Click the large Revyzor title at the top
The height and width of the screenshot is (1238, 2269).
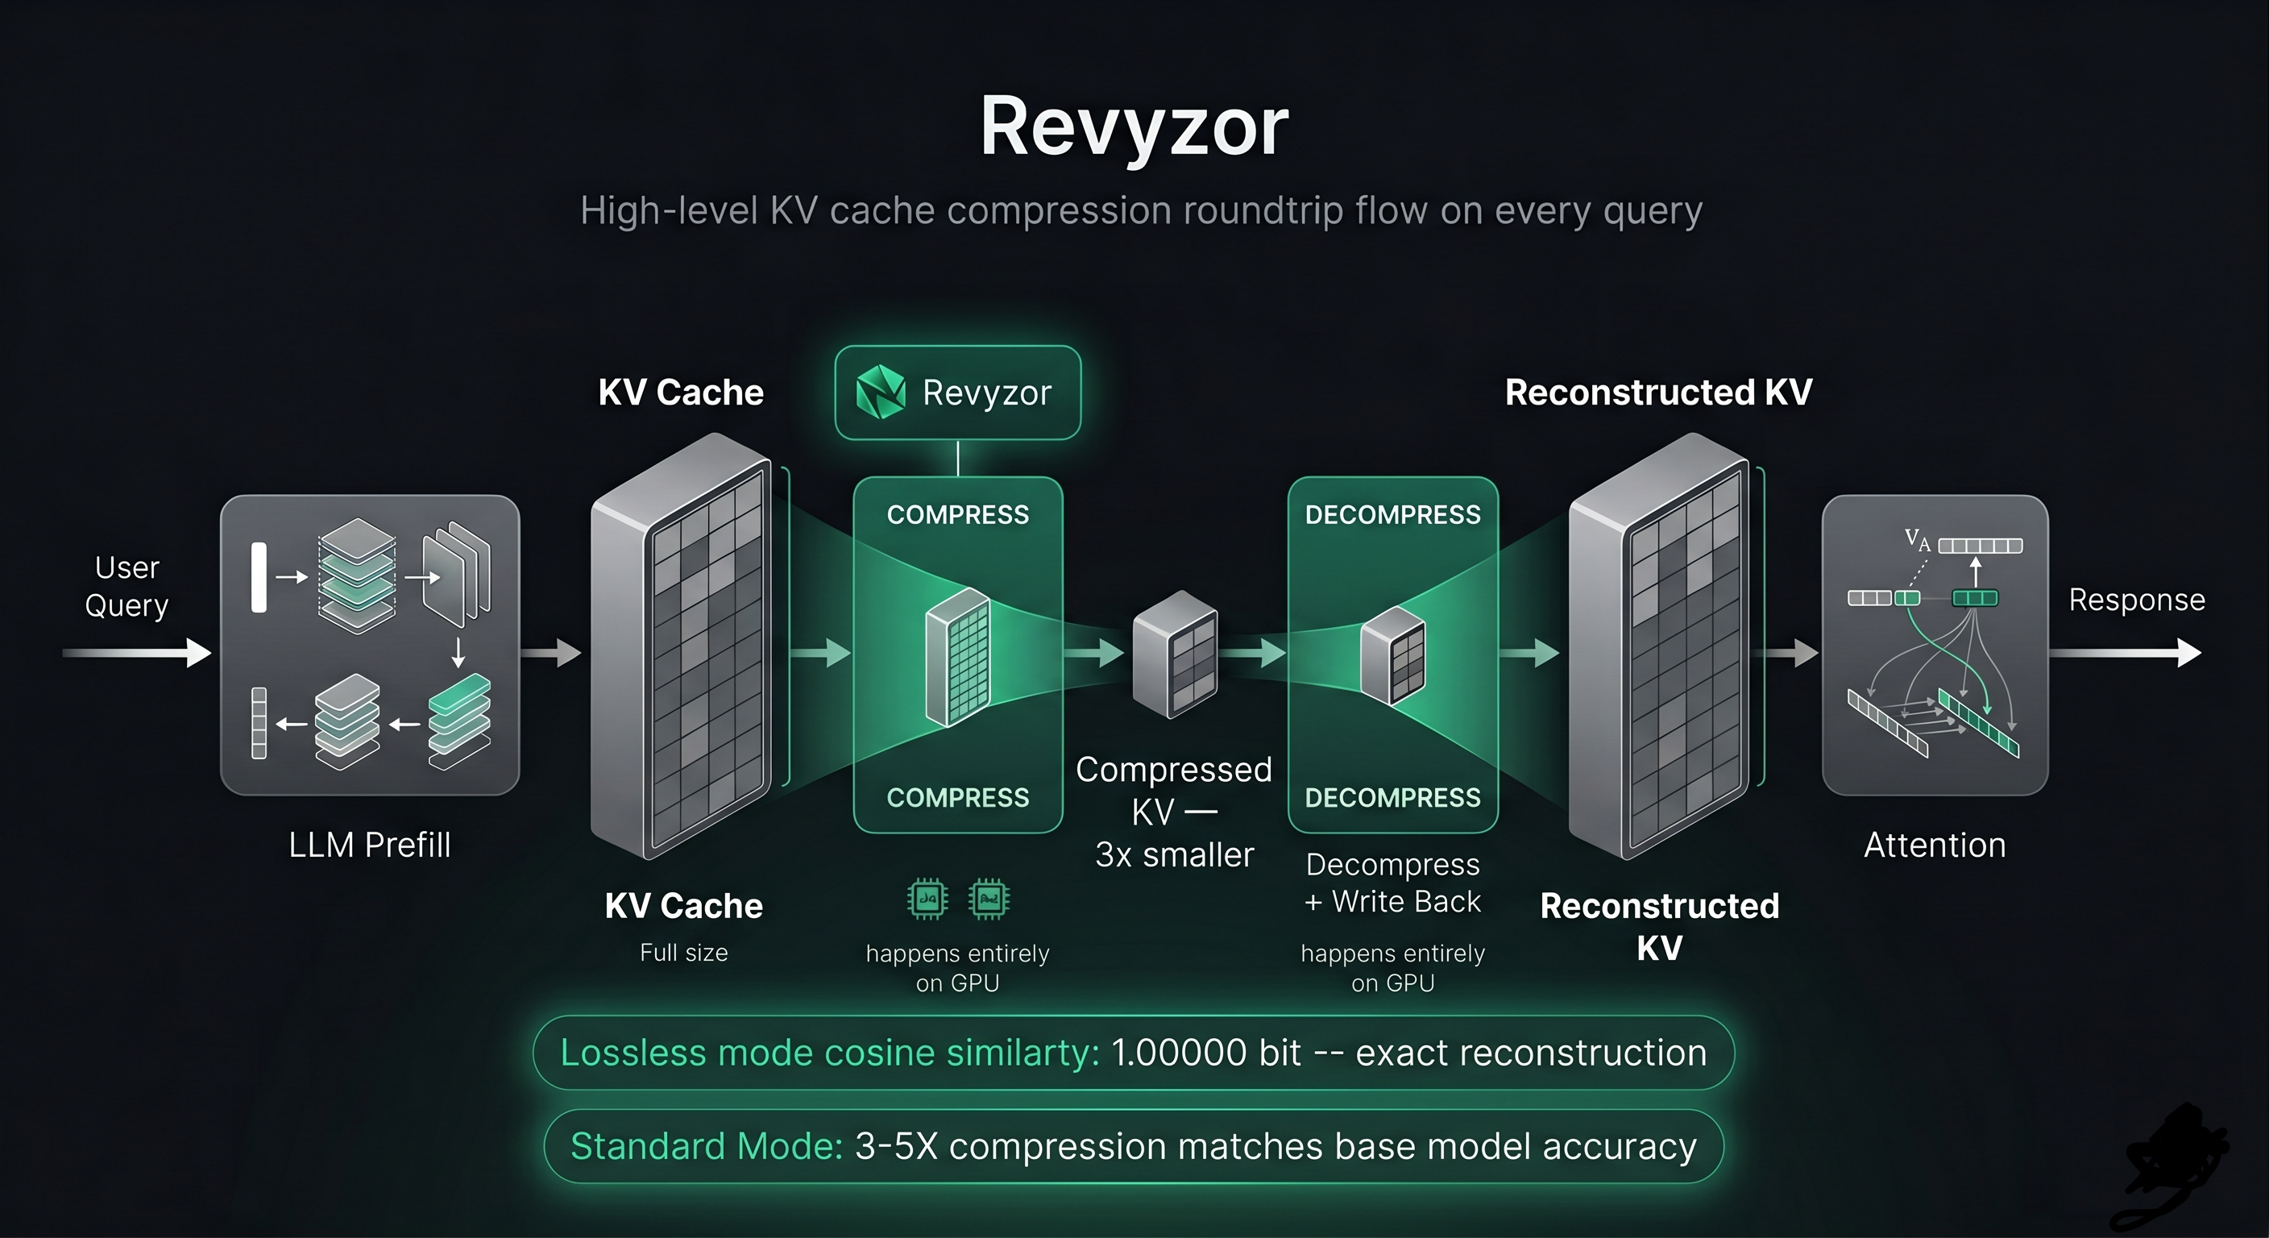point(1134,129)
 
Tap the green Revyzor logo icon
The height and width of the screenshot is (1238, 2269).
point(880,392)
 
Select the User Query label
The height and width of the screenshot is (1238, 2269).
point(127,586)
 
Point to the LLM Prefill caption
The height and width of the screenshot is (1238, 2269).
point(370,845)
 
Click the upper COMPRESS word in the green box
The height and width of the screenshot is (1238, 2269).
point(957,514)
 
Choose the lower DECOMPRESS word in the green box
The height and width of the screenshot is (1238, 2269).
point(1392,797)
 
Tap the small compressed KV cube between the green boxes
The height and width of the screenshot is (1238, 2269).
point(1175,654)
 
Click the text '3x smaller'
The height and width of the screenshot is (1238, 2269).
point(1174,854)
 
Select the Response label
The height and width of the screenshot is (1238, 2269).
point(2137,600)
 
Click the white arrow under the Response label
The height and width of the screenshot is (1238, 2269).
point(2126,653)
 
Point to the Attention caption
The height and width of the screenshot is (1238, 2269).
point(1935,845)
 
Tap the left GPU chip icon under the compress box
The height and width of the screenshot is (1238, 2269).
point(927,899)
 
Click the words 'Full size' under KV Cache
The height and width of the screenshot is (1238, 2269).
point(683,953)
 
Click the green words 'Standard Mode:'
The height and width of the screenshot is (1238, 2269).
point(707,1146)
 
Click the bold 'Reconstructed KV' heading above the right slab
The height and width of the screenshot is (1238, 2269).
point(1658,392)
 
